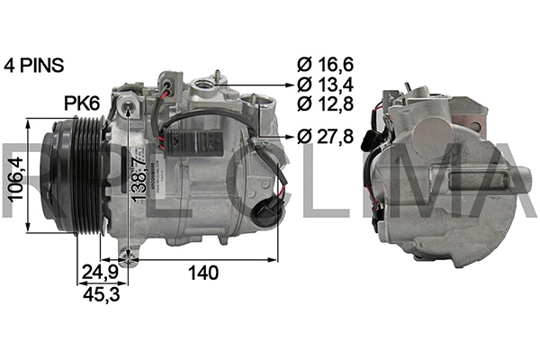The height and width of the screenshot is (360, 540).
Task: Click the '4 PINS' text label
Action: coord(34,65)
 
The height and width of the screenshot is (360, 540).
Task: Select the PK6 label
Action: coord(81,103)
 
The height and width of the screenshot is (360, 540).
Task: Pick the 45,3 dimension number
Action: coord(99,293)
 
